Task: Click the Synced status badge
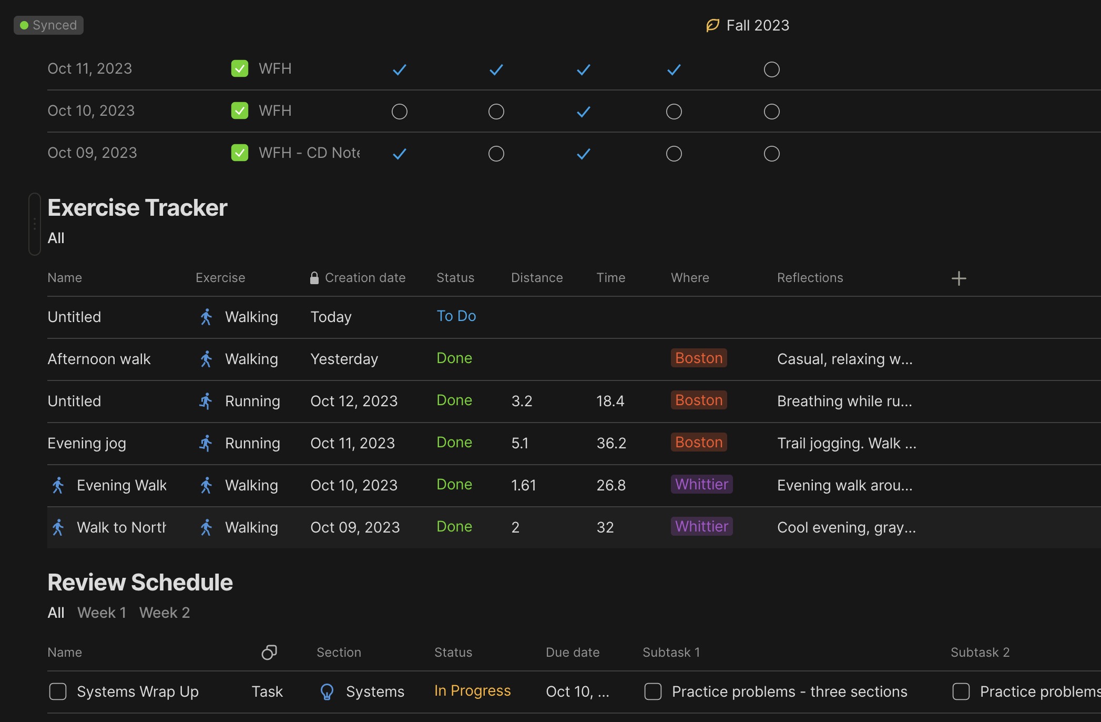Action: point(48,25)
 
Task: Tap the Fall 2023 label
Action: point(758,25)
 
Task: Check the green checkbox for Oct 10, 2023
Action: point(240,111)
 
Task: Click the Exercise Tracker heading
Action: point(137,208)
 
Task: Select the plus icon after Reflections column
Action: point(959,278)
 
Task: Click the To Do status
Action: point(456,316)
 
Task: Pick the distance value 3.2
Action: point(522,401)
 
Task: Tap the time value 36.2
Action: point(611,443)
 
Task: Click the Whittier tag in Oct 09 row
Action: point(701,526)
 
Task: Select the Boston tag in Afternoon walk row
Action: point(699,358)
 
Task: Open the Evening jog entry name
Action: point(87,443)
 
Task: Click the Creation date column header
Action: point(365,278)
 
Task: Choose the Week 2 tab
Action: point(165,613)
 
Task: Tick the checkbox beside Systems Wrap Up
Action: point(58,691)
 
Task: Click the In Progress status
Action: point(472,691)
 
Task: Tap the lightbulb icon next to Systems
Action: point(327,691)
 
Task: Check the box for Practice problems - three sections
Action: point(653,691)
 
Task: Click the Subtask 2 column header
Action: point(980,653)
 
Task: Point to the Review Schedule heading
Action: point(140,583)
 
